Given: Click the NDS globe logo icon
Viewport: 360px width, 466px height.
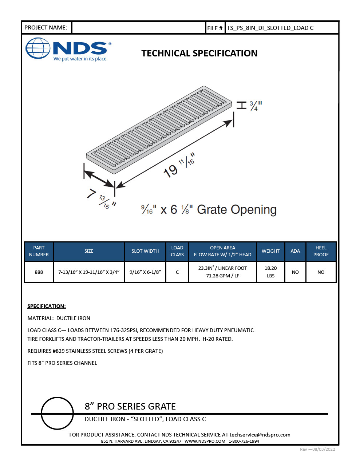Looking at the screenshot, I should coord(38,48).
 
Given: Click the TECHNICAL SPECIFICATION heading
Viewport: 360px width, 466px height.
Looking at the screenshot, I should coord(199,54).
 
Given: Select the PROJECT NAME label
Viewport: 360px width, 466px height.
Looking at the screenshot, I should coord(46,28).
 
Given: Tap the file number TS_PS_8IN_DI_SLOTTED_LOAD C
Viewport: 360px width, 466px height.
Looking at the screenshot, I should coord(270,28).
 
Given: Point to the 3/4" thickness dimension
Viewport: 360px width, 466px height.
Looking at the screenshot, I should coord(256,106).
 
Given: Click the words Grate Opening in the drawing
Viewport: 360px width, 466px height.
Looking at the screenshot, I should coord(237,210).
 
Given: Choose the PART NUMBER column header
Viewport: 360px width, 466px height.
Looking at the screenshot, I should coord(39,251).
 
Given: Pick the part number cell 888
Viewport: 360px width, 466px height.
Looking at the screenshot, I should coord(39,272).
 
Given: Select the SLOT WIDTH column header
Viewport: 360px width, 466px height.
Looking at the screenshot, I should coord(145,251).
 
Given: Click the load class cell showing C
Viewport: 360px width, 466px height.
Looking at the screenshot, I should coord(177,272).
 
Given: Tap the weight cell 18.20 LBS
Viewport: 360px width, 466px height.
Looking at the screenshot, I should coord(270,272).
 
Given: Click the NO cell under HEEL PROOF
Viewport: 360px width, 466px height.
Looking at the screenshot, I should coord(321,272).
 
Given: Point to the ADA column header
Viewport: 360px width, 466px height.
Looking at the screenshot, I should coord(295,251).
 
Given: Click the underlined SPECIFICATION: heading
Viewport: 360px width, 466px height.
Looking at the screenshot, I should coord(47,306).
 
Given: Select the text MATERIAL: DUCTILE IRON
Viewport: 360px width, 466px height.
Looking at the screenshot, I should coord(59,318).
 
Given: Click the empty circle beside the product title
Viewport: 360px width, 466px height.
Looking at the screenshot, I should coord(57,413).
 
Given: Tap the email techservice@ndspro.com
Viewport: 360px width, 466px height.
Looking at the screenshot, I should coord(260,435).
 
